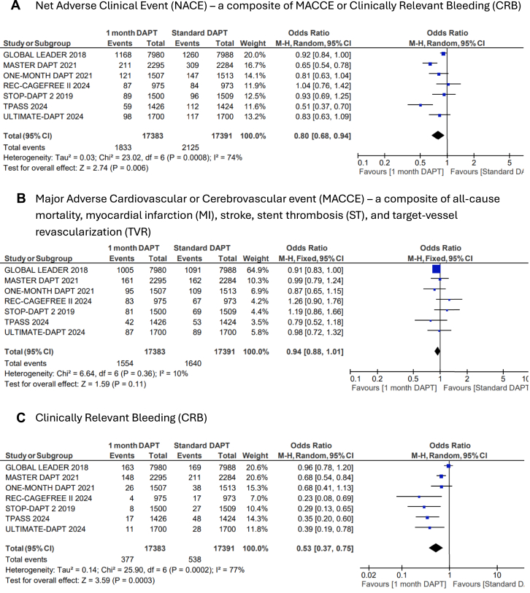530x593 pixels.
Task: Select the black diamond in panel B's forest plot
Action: [x=437, y=352]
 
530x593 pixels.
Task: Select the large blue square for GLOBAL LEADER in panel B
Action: [x=436, y=268]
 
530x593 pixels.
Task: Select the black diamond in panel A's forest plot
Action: [x=438, y=136]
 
